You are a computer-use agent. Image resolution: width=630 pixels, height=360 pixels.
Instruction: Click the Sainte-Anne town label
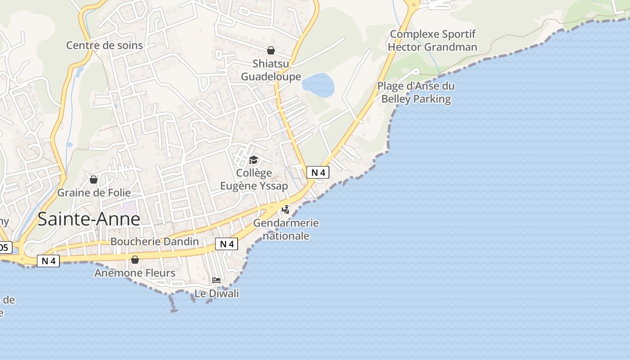89,219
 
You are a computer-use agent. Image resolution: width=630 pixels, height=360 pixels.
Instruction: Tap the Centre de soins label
104,45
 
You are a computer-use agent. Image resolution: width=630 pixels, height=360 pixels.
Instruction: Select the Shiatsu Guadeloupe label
271,70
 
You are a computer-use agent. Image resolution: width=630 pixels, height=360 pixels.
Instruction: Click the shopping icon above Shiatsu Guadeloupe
271,50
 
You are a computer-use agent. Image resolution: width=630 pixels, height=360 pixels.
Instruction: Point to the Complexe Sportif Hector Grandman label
432,40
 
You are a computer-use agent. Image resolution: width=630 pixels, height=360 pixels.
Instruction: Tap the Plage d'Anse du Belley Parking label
416,93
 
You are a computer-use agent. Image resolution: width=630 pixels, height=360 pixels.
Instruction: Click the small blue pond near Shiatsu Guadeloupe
318,85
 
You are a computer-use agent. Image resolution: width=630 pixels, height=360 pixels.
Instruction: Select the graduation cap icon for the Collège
254,160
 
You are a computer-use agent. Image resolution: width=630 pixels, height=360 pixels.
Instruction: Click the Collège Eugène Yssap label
254,179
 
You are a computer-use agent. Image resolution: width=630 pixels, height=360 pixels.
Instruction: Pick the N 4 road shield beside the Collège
318,172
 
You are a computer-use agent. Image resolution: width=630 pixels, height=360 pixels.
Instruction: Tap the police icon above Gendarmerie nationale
286,209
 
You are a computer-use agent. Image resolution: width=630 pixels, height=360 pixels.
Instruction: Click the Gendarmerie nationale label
286,229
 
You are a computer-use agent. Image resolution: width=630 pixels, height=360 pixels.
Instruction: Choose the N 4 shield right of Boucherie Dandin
226,244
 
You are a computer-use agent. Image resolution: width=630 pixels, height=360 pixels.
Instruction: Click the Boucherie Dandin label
154,242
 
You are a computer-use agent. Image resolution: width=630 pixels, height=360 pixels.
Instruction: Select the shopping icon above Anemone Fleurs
135,260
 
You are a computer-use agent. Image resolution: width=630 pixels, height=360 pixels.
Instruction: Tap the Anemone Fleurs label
135,273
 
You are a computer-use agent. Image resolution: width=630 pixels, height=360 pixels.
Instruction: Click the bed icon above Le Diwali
216,280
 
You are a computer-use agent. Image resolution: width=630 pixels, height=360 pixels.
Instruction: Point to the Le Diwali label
216,293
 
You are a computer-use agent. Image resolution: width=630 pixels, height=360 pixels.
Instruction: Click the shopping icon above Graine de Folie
94,180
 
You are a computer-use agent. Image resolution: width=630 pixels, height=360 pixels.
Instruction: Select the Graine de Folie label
94,193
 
